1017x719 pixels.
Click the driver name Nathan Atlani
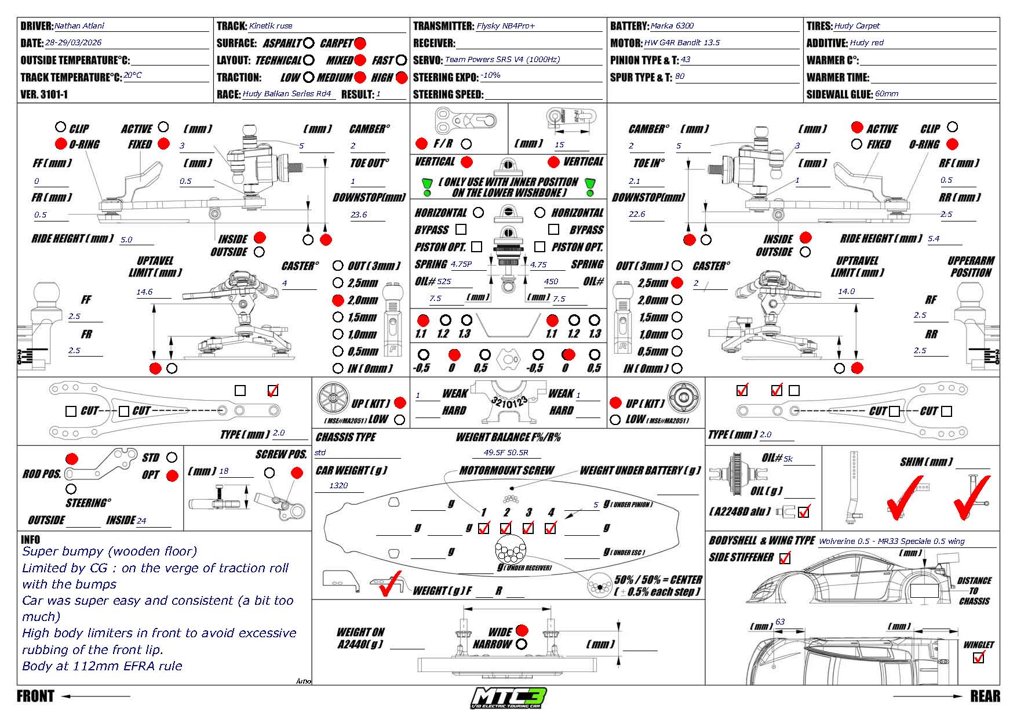pyautogui.click(x=79, y=26)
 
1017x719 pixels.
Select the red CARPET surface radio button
pyautogui.click(x=360, y=43)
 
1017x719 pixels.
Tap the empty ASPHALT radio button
pyautogui.click(x=309, y=43)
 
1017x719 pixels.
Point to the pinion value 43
pyautogui.click(x=686, y=60)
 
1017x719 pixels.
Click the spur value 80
pyautogui.click(x=680, y=77)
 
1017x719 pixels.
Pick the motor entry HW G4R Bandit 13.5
pyautogui.click(x=681, y=43)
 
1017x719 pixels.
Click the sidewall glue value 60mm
pyautogui.click(x=887, y=94)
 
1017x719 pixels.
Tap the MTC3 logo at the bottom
pyautogui.click(x=508, y=698)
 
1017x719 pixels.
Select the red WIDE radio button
pyautogui.click(x=522, y=630)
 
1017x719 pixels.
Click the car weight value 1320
pyautogui.click(x=338, y=485)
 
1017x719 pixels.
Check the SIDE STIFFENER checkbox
pyautogui.click(x=785, y=558)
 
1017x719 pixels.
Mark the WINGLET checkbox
pyautogui.click(x=979, y=658)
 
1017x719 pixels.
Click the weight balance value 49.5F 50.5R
pyautogui.click(x=506, y=453)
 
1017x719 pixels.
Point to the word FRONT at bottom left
pyautogui.click(x=35, y=696)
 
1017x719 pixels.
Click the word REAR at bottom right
pyautogui.click(x=985, y=696)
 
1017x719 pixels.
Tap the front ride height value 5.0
pyautogui.click(x=126, y=239)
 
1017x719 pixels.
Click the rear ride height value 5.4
pyautogui.click(x=934, y=238)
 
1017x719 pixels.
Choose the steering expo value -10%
pyautogui.click(x=490, y=76)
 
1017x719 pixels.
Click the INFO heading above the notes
pyautogui.click(x=30, y=539)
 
